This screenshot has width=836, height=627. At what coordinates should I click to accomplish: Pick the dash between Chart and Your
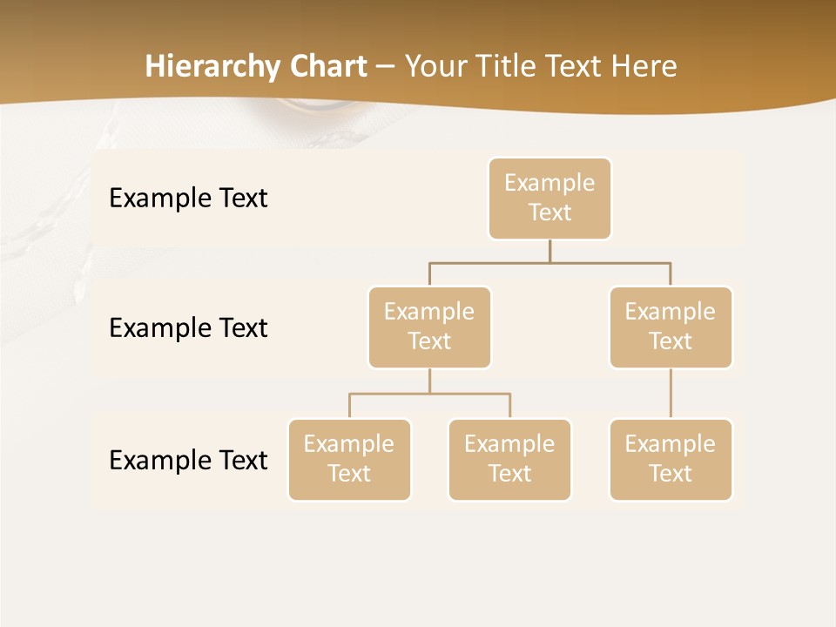386,67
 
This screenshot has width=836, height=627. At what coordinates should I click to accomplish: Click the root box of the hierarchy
549,199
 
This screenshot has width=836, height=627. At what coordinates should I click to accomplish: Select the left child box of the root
429,327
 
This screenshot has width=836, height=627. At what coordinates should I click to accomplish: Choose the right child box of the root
671,327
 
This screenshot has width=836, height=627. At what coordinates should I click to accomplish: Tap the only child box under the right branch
671,460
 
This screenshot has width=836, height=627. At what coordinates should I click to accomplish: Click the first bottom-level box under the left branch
349,460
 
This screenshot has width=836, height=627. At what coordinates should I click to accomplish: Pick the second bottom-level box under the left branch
509,460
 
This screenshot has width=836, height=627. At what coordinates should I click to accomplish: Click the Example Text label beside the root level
188,199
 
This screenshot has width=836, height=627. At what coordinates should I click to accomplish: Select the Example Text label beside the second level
188,328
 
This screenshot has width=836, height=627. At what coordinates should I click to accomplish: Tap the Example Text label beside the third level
188,460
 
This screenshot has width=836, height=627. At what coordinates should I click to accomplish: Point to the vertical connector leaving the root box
549,251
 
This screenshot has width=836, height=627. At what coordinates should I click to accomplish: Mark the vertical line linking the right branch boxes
671,394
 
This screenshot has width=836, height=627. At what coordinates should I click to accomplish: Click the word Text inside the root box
549,212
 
